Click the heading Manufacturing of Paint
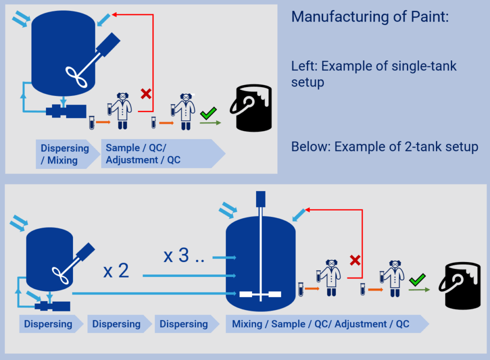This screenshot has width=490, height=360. pos(370,17)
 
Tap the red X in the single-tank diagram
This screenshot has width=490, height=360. pos(146,93)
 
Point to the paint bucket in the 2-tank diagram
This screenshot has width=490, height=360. pos(459,284)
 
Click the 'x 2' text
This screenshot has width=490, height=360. pos(116,271)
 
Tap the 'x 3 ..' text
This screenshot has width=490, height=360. pos(183,255)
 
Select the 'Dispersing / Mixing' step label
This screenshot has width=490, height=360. pos(64,154)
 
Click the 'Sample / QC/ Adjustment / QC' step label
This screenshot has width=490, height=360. pos(143,154)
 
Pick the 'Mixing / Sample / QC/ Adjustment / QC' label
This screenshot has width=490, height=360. pos(320,324)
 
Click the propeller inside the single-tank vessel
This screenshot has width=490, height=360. pos(79,76)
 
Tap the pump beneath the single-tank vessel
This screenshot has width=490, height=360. pos(65,110)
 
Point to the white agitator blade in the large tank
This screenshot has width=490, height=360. pos(260,294)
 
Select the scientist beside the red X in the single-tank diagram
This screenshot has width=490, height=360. pos(120,110)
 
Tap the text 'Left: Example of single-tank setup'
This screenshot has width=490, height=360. pos(374,73)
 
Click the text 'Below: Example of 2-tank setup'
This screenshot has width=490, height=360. pos(384,147)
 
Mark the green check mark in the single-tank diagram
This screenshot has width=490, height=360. pos(207,114)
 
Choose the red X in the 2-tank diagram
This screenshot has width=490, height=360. pos(355,260)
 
